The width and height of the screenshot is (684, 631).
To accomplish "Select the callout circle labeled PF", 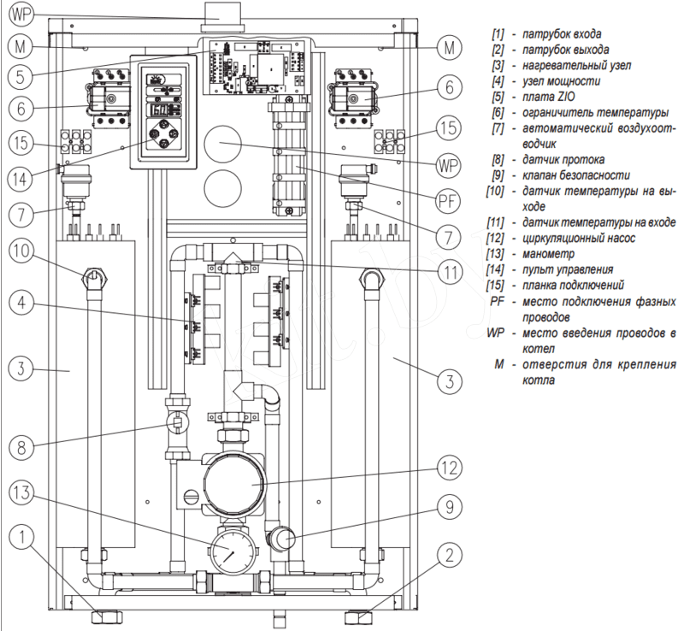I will click(x=446, y=202).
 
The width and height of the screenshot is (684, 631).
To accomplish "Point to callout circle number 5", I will click(x=24, y=75).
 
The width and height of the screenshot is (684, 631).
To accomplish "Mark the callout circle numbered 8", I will click(x=24, y=446).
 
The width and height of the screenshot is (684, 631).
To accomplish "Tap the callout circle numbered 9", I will click(x=446, y=506).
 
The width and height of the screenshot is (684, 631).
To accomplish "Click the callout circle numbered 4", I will click(x=24, y=301).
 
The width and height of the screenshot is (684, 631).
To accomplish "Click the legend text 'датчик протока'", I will click(x=557, y=159).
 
